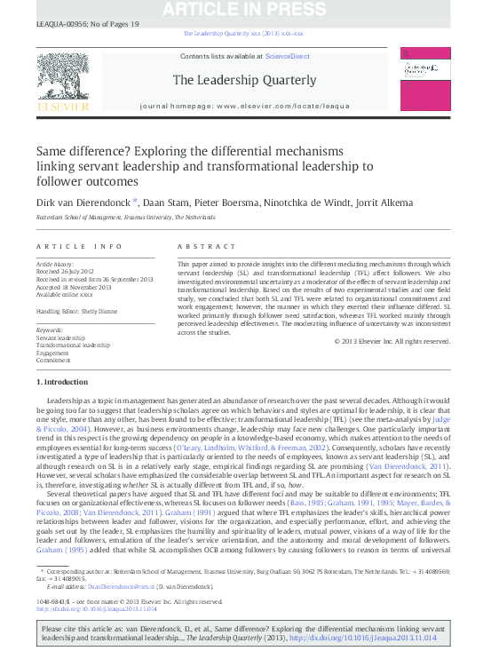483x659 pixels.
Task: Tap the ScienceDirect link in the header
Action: [288, 56]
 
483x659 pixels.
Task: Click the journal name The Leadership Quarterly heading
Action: [244, 80]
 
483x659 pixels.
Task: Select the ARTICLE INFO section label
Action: [78, 245]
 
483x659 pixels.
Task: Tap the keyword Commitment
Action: [53, 360]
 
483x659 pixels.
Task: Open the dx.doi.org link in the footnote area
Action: [96, 610]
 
